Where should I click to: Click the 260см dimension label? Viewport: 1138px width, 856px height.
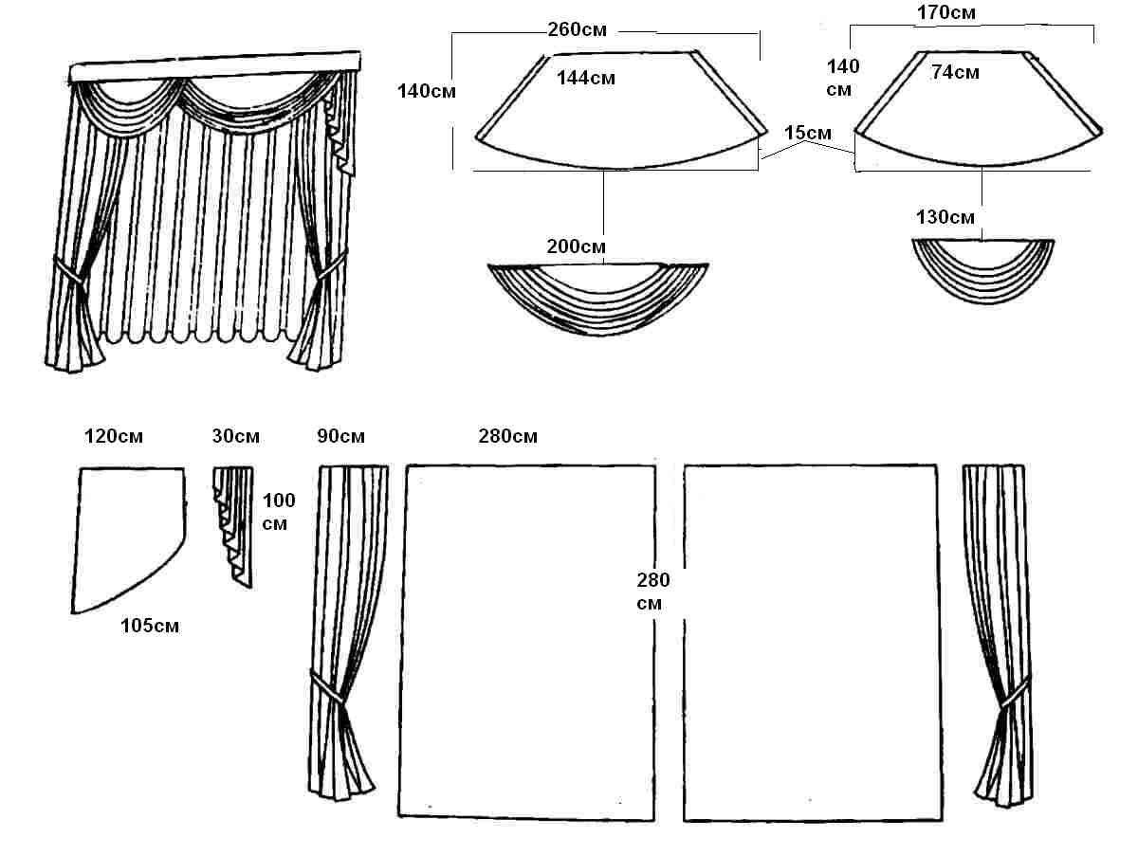point(577,28)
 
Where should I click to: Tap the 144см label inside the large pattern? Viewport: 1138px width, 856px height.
point(585,78)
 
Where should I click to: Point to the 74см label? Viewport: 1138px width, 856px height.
point(955,72)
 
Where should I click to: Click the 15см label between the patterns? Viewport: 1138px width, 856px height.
point(808,133)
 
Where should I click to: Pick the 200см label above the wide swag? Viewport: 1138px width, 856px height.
point(577,246)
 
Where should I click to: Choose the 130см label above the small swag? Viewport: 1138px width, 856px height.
point(945,217)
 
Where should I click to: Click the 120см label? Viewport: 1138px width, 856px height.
point(113,437)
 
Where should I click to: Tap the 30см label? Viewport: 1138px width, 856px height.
point(235,437)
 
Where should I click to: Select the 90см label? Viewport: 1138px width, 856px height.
point(340,437)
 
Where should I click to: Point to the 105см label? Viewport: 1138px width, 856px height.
point(150,625)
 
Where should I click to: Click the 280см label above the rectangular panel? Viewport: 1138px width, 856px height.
point(507,437)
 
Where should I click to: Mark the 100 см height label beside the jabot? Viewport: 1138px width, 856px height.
point(279,511)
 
